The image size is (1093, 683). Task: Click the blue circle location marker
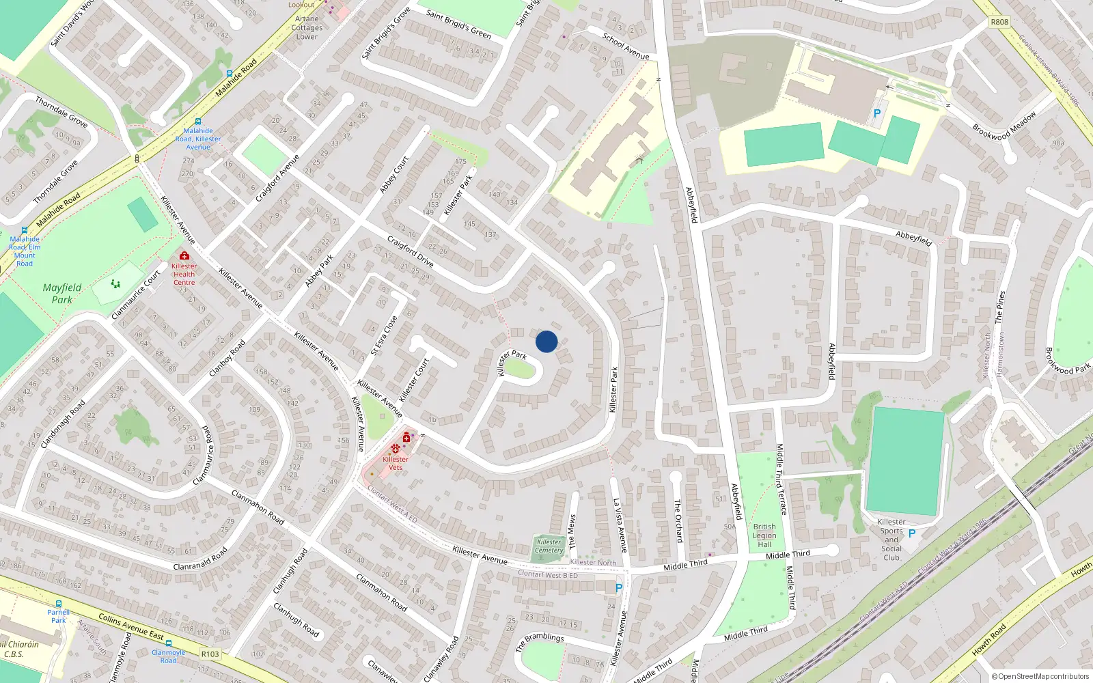tap(546, 341)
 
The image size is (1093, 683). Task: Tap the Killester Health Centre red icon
tap(184, 256)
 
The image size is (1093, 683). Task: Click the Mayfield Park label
tap(61, 294)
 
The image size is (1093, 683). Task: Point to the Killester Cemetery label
tap(549, 546)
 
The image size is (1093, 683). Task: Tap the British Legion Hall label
tap(764, 535)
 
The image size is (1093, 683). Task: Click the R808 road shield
tap(999, 22)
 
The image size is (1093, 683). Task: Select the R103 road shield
tap(210, 654)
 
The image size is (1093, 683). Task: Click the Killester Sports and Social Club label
tap(891, 540)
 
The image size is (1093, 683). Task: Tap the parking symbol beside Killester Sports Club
tap(912, 533)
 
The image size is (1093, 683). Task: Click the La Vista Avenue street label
tap(620, 525)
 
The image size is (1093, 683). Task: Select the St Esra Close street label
tap(384, 335)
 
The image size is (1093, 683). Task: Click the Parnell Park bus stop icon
tap(59, 604)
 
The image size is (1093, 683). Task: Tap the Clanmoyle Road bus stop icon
tap(169, 643)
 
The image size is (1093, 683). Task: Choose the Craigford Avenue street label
tap(277, 179)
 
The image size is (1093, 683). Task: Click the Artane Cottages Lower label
tap(307, 28)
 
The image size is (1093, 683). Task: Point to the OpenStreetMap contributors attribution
tap(1040, 676)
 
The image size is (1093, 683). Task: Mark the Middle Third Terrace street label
tap(781, 479)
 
